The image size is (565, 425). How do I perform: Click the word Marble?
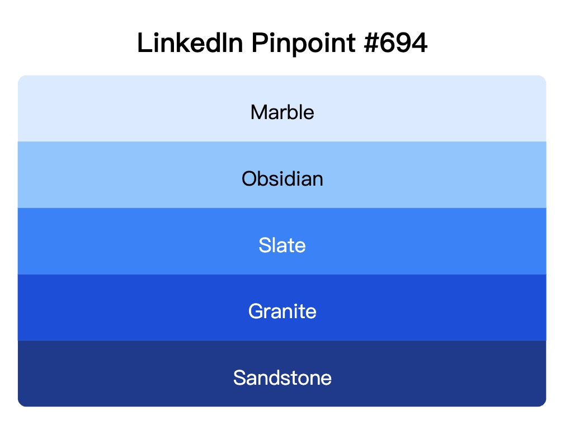[282, 112]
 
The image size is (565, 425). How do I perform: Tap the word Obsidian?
[282, 179]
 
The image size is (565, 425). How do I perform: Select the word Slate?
[282, 245]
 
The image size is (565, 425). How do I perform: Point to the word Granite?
[282, 311]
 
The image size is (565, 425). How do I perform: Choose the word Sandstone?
[282, 377]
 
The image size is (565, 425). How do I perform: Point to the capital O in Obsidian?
[248, 179]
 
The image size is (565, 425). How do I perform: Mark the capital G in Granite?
[256, 311]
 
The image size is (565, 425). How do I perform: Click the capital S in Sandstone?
[239, 377]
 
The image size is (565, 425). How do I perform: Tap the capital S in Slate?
[265, 245]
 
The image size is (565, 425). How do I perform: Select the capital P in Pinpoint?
[258, 44]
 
